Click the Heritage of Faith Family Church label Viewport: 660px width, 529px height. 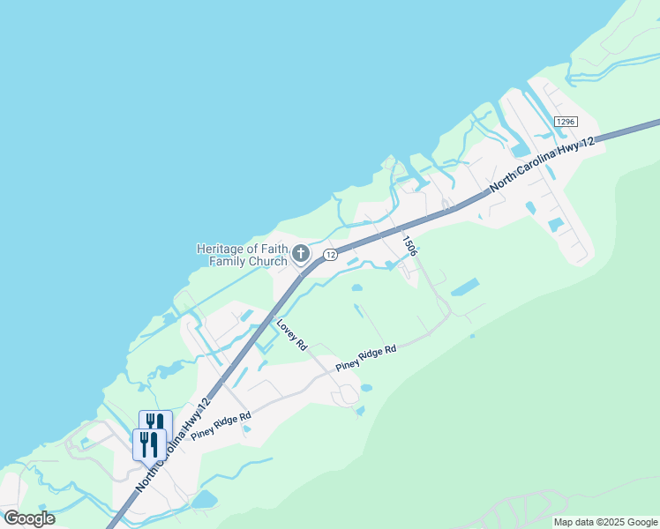[242, 255]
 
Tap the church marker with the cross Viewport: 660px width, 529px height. [300, 255]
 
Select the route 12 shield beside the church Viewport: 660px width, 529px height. [329, 255]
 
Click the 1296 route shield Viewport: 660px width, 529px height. [566, 121]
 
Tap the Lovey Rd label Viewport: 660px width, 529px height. [291, 335]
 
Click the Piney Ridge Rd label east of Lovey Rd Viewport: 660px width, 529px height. [366, 358]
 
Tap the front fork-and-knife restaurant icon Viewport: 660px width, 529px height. [147, 443]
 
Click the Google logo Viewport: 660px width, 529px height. [29, 518]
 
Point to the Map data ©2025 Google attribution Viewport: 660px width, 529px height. [605, 522]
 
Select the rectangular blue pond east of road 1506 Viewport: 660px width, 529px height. [465, 287]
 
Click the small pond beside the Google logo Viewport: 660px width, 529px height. [204, 500]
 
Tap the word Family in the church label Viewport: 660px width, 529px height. [227, 261]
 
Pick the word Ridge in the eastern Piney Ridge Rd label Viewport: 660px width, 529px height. [368, 357]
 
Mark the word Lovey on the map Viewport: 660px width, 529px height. [288, 331]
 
